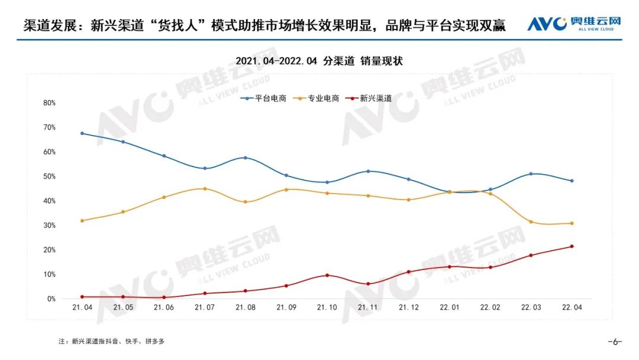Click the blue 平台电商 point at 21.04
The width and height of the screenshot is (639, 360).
click(x=82, y=133)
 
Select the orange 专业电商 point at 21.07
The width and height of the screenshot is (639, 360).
click(x=205, y=189)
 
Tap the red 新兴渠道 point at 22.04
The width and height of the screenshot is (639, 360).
click(x=572, y=246)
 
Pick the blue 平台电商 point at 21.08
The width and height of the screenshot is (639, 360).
click(x=246, y=157)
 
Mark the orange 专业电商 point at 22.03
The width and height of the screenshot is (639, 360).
click(x=531, y=222)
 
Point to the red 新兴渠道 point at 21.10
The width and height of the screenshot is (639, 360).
click(x=327, y=275)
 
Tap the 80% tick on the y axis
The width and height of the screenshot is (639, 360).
click(x=49, y=102)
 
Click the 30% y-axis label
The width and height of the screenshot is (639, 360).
click(x=49, y=226)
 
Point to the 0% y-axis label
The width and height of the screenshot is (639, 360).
click(x=51, y=299)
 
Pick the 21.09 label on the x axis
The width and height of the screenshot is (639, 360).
click(x=286, y=308)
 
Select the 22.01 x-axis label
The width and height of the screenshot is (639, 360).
click(x=450, y=308)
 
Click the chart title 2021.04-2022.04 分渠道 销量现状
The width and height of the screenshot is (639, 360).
click(x=319, y=61)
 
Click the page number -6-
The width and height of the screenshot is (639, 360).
click(x=615, y=342)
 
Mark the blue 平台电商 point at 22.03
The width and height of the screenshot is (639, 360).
click(x=531, y=173)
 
